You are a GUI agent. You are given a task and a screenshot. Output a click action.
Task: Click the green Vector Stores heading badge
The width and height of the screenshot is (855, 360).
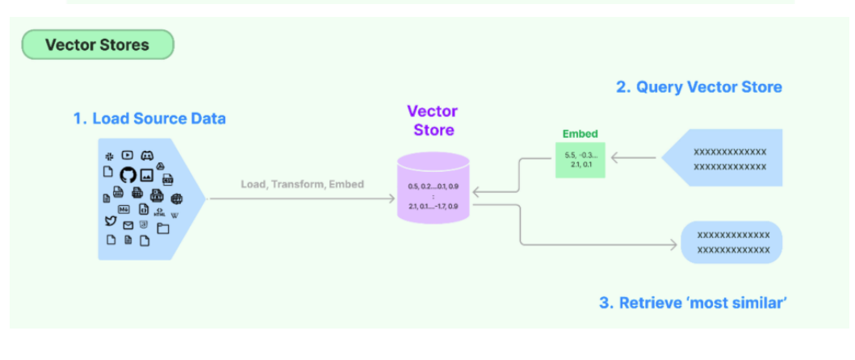pyautogui.click(x=97, y=45)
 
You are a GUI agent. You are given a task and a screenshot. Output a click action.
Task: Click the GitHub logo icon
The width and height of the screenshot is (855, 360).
pyautogui.click(x=128, y=174)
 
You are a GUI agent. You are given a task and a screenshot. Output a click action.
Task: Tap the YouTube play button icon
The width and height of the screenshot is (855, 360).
pyautogui.click(x=128, y=155)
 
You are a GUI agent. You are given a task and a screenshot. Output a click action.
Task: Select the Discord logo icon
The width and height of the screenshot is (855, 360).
pyautogui.click(x=147, y=155)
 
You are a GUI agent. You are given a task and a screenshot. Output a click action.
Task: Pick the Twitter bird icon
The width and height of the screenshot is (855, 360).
pyautogui.click(x=110, y=221)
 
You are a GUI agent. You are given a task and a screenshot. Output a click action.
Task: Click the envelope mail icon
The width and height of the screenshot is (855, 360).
pyautogui.click(x=128, y=225)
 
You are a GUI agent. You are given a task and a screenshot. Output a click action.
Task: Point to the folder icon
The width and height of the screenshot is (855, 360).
pyautogui.click(x=163, y=228)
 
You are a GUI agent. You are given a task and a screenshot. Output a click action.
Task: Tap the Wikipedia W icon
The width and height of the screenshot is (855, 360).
pyautogui.click(x=174, y=214)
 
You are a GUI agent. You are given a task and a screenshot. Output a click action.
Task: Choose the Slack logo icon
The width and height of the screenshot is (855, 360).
pyautogui.click(x=108, y=155)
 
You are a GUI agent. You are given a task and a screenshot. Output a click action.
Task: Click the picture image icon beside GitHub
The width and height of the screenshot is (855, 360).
pyautogui.click(x=146, y=175)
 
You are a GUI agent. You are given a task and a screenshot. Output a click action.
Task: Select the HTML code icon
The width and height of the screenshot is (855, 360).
pyautogui.click(x=159, y=212)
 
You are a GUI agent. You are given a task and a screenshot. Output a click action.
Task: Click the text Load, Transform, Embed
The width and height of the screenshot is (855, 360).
pyautogui.click(x=302, y=184)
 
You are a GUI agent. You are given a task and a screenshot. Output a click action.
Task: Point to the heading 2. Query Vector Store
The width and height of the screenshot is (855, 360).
pyautogui.click(x=698, y=87)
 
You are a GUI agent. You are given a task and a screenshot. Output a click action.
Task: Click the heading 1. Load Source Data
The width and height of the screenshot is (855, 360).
pyautogui.click(x=149, y=119)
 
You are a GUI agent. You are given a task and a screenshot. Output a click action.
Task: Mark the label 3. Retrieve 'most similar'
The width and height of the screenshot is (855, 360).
pyautogui.click(x=693, y=303)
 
